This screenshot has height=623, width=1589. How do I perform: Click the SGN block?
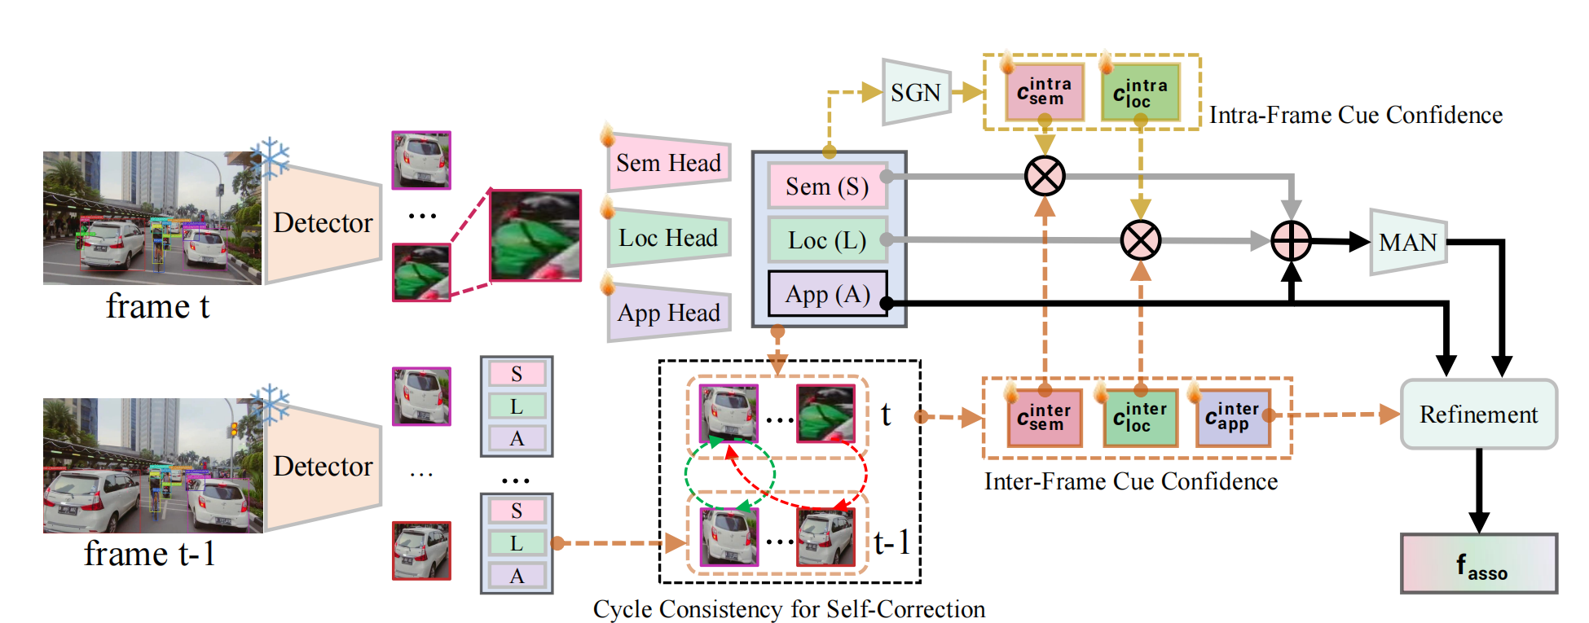916,92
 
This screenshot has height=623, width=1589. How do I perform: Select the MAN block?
1408,242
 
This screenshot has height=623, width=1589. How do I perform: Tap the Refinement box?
1478,415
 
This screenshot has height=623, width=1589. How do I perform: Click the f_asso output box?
1479,564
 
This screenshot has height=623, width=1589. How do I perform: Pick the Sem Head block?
668,163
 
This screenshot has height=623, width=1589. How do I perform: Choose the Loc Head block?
668,238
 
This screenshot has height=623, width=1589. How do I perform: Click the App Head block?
668,313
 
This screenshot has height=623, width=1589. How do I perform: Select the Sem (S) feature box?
827,186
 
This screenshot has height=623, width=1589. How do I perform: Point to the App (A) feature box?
827,294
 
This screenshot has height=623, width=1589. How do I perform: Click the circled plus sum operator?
1291,241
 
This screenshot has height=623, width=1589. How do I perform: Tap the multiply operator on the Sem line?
1045,176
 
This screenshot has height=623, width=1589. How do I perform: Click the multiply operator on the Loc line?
1140,240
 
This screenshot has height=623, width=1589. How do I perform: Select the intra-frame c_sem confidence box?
1045,92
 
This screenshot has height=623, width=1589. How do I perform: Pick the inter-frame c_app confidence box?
1232,418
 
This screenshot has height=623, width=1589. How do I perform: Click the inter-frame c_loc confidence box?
1140,418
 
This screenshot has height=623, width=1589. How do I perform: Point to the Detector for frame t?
323,222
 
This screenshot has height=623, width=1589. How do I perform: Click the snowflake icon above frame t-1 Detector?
270,402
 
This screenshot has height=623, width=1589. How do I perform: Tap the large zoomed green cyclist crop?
535,235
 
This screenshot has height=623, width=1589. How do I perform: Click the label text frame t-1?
150,555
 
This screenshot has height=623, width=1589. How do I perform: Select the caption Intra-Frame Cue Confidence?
1355,115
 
